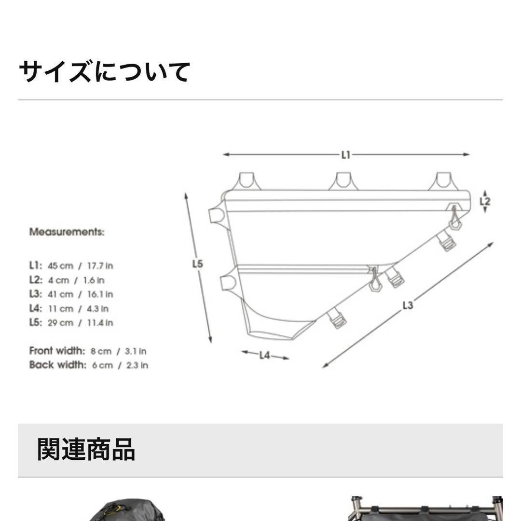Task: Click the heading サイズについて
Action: pyautogui.click(x=104, y=72)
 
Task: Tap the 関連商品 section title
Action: pyautogui.click(x=86, y=450)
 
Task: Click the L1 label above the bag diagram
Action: pyautogui.click(x=345, y=155)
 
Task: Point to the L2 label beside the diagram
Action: pyautogui.click(x=485, y=202)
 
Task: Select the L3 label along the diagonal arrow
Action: pyautogui.click(x=408, y=305)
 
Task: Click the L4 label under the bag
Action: pyautogui.click(x=265, y=356)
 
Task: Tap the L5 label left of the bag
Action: pyautogui.click(x=198, y=264)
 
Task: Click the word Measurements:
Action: pyautogui.click(x=67, y=232)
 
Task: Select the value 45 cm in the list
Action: pyautogui.click(x=60, y=266)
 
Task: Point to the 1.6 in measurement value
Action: pyautogui.click(x=96, y=280)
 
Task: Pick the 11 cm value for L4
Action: pyautogui.click(x=61, y=309)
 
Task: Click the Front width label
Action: pyautogui.click(x=57, y=351)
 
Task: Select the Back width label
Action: pyautogui.click(x=57, y=365)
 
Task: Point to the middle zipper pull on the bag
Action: pyautogui.click(x=375, y=281)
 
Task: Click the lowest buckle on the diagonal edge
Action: pyautogui.click(x=337, y=319)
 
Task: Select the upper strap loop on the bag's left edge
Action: pyautogui.click(x=217, y=215)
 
